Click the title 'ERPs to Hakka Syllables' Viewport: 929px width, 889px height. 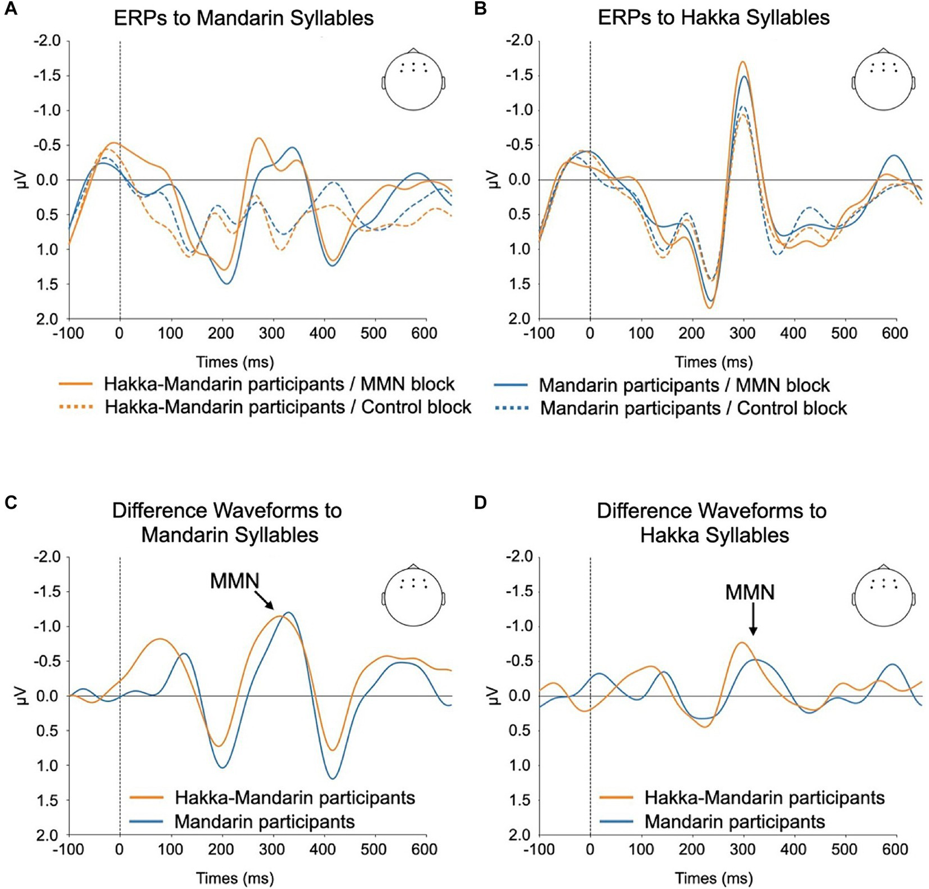pos(714,18)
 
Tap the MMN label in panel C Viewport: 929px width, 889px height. pos(234,581)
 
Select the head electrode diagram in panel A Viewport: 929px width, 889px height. pos(413,79)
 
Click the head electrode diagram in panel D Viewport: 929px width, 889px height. pos(883,596)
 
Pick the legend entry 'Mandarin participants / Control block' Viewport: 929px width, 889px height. pos(693,408)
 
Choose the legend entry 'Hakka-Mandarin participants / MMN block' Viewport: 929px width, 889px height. pos(278,384)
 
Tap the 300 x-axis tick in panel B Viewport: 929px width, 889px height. pos(743,333)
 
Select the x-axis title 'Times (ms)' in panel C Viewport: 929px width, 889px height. pos(235,878)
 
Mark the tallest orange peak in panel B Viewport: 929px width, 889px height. pos(742,62)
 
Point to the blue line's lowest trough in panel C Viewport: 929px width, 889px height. pos(332,778)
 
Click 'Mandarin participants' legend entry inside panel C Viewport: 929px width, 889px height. pos(264,822)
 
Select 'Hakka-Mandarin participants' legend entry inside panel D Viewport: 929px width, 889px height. pos(764,798)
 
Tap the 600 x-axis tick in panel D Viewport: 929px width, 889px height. pos(895,850)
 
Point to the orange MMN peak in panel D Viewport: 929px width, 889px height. pos(741,643)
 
